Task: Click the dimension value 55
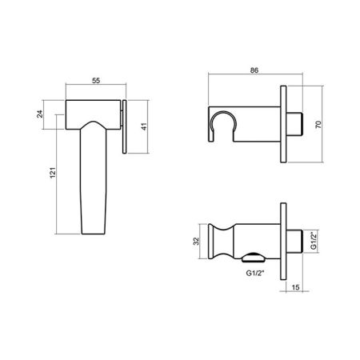[x=96, y=81]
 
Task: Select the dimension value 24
[x=40, y=114]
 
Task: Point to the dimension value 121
[x=53, y=173]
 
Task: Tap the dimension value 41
[x=144, y=126]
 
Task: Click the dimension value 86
[x=254, y=70]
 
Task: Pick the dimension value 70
[x=318, y=125]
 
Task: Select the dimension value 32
[x=196, y=241]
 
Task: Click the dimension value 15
[x=295, y=287]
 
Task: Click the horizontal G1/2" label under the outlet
[x=255, y=273]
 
